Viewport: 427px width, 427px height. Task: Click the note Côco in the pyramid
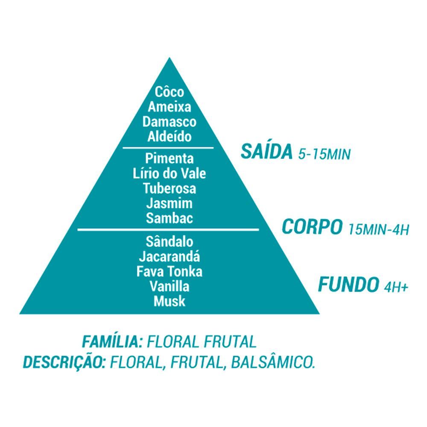170,92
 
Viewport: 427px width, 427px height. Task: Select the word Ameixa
170,107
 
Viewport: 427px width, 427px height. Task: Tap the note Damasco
170,122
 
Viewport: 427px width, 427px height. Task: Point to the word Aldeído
170,137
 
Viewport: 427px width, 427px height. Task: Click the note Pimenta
170,159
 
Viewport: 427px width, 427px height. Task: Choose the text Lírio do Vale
170,174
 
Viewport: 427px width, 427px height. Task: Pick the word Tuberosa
170,188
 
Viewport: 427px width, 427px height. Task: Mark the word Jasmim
170,203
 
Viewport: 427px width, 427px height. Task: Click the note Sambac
170,218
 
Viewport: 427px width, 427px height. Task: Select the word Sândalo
170,242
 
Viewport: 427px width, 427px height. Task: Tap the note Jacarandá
170,257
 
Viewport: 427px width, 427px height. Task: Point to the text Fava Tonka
170,271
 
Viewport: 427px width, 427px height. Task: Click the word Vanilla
170,286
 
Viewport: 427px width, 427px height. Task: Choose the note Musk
170,301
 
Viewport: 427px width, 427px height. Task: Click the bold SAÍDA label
266,151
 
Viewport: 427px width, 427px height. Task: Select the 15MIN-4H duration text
379,229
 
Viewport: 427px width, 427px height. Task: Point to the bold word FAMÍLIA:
112,342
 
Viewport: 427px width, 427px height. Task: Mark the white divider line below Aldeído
168,148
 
